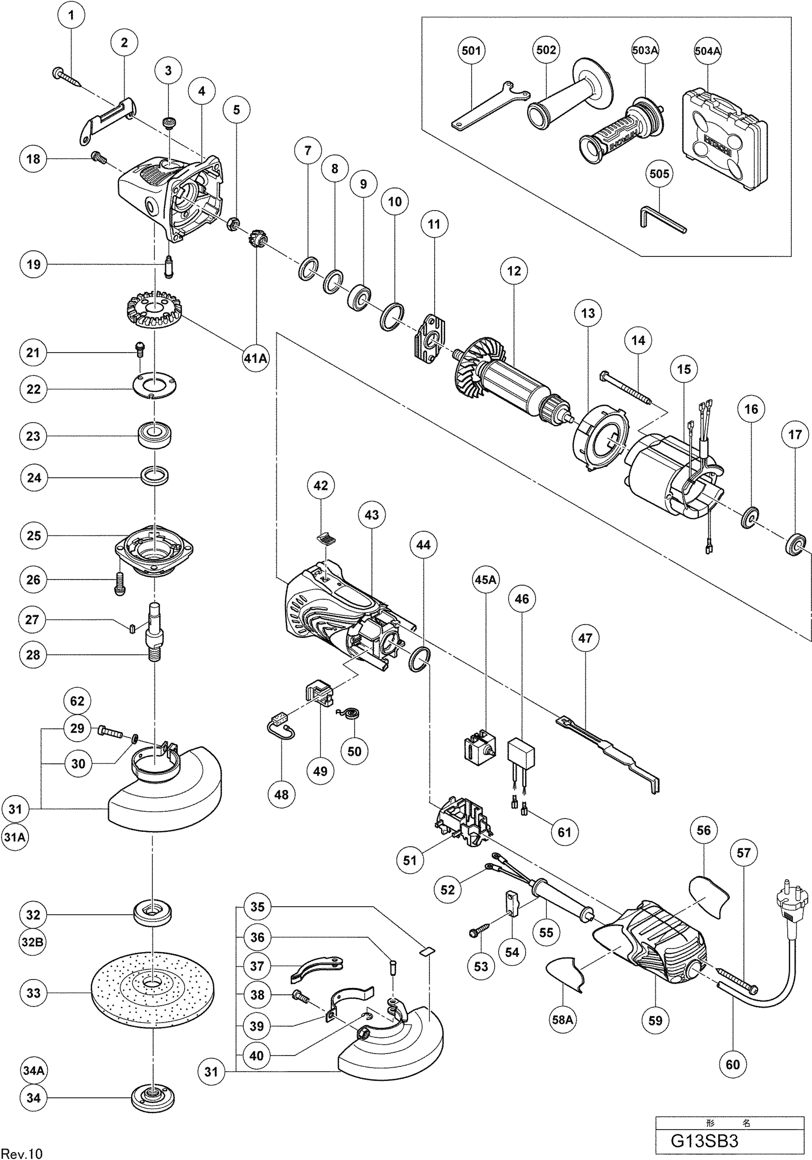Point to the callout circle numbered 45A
point(485,580)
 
